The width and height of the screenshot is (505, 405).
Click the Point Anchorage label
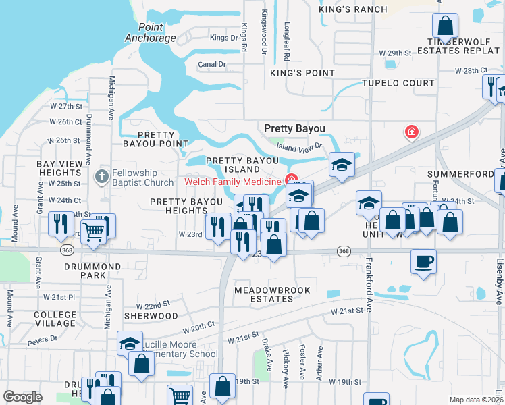coord(150,32)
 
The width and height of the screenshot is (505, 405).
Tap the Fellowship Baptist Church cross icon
coord(101,177)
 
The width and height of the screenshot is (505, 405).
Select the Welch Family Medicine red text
coord(233,182)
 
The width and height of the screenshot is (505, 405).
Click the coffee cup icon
coord(423,261)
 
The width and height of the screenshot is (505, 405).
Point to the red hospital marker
coord(410,131)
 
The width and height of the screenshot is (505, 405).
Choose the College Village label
coord(55,319)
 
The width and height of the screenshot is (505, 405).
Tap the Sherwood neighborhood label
coord(151,315)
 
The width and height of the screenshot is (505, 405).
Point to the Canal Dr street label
coord(212,65)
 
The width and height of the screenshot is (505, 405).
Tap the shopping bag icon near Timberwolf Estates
coord(446,27)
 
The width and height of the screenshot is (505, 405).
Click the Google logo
coord(22,397)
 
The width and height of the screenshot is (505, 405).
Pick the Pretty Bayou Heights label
coord(186,206)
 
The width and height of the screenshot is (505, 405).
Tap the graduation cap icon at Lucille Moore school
coord(130,343)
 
